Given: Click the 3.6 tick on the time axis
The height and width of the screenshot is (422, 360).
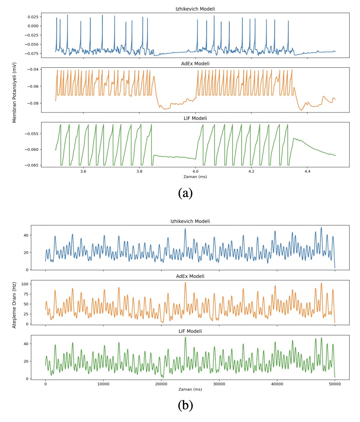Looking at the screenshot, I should pyautogui.click(x=83, y=172).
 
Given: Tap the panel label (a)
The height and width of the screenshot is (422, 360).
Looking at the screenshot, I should pyautogui.click(x=185, y=192).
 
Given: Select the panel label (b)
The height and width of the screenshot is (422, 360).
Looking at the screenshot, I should pyautogui.click(x=185, y=405).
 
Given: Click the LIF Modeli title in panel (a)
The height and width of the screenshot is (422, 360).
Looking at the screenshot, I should pyautogui.click(x=195, y=119).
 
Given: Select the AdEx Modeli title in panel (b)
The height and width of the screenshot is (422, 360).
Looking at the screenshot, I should pyautogui.click(x=190, y=276).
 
